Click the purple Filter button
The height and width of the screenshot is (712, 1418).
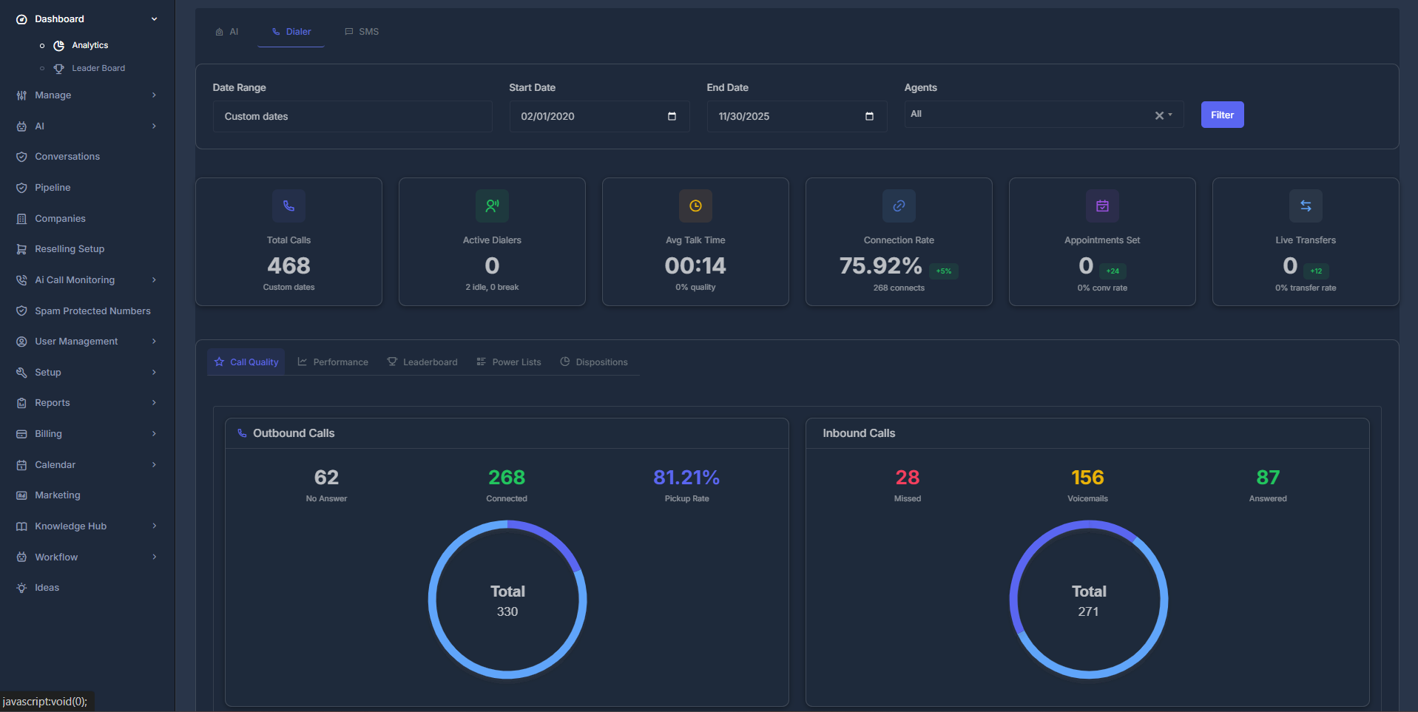click(1221, 115)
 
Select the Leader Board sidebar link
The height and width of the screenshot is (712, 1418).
click(98, 68)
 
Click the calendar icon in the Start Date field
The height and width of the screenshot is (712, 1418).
click(672, 116)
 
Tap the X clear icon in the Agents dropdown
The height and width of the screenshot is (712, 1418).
click(1158, 115)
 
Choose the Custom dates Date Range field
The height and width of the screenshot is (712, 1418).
click(352, 116)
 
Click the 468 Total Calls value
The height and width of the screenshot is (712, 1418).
click(288, 265)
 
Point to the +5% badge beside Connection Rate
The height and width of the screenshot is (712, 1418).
click(943, 271)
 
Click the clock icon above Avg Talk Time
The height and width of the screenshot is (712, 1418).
click(695, 206)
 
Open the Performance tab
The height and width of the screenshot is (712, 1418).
click(333, 362)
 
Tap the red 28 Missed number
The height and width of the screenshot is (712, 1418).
click(907, 478)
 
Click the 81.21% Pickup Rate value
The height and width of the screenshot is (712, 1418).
click(686, 478)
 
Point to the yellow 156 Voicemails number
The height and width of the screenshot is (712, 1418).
click(1087, 478)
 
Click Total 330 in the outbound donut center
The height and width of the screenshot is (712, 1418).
click(507, 600)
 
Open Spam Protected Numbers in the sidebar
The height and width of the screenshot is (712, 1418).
click(92, 311)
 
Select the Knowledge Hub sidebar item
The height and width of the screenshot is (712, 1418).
click(70, 526)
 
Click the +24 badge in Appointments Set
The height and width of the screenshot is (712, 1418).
click(1112, 271)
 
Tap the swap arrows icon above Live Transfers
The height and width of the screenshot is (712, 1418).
click(1306, 206)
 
